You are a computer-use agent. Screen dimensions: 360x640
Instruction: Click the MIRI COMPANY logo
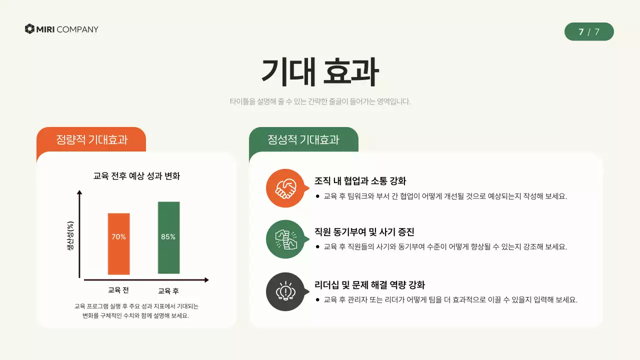click(61, 29)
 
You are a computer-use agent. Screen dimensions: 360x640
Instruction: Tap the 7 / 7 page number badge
click(589, 32)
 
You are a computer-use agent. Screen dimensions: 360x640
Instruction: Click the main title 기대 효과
click(320, 73)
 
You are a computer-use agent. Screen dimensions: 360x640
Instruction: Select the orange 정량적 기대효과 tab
click(91, 139)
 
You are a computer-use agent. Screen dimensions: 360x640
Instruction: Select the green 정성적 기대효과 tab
click(303, 139)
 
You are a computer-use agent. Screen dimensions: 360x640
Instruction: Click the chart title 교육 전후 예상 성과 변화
click(136, 176)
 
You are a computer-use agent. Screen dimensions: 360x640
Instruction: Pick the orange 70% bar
click(119, 244)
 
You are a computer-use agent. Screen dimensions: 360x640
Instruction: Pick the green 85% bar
click(168, 238)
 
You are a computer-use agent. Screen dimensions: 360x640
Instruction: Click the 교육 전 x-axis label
click(118, 290)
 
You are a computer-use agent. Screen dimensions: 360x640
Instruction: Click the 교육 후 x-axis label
click(168, 290)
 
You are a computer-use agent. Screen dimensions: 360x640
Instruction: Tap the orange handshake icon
click(285, 188)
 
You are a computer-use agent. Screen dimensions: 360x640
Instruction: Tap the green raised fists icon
click(285, 239)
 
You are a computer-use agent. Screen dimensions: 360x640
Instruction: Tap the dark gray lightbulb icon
click(285, 291)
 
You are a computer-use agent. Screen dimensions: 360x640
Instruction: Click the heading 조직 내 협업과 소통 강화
click(360, 181)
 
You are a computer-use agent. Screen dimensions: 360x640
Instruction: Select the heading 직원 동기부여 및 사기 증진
click(364, 232)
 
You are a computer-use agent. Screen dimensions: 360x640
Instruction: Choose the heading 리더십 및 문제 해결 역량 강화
click(369, 285)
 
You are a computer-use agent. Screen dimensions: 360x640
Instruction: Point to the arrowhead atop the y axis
click(79, 192)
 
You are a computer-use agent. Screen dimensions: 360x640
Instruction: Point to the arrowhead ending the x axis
click(206, 280)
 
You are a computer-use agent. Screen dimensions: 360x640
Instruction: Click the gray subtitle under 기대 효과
click(320, 101)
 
